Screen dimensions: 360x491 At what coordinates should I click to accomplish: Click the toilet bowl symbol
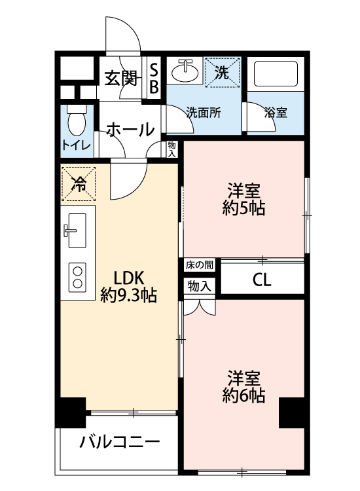(x=77, y=120)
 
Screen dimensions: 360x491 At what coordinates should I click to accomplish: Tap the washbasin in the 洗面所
(x=185, y=71)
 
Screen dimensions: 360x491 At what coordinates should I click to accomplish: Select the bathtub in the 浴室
(x=276, y=74)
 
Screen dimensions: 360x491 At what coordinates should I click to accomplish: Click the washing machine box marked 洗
(x=223, y=72)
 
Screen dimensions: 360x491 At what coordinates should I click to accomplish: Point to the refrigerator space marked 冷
(x=79, y=183)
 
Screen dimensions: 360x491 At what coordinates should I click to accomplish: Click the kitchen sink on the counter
(x=77, y=230)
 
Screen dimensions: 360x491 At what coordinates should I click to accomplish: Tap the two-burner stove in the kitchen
(x=77, y=277)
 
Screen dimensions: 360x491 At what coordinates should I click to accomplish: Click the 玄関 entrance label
(x=121, y=79)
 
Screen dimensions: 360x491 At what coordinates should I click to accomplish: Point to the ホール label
(x=130, y=130)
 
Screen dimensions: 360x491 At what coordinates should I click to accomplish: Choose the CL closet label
(x=262, y=280)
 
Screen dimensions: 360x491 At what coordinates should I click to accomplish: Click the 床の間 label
(x=199, y=265)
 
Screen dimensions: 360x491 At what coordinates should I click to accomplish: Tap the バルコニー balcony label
(x=120, y=443)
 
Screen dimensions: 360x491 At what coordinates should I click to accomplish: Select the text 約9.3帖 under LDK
(x=129, y=295)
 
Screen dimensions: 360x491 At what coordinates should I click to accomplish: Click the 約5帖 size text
(x=244, y=208)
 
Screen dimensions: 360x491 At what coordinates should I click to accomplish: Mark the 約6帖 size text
(x=244, y=395)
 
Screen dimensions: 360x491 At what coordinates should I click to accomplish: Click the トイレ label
(x=77, y=145)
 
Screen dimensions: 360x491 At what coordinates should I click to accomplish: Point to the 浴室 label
(x=276, y=113)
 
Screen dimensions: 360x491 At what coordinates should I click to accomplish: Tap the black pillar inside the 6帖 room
(x=292, y=412)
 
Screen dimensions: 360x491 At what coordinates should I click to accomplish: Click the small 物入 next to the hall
(x=172, y=149)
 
